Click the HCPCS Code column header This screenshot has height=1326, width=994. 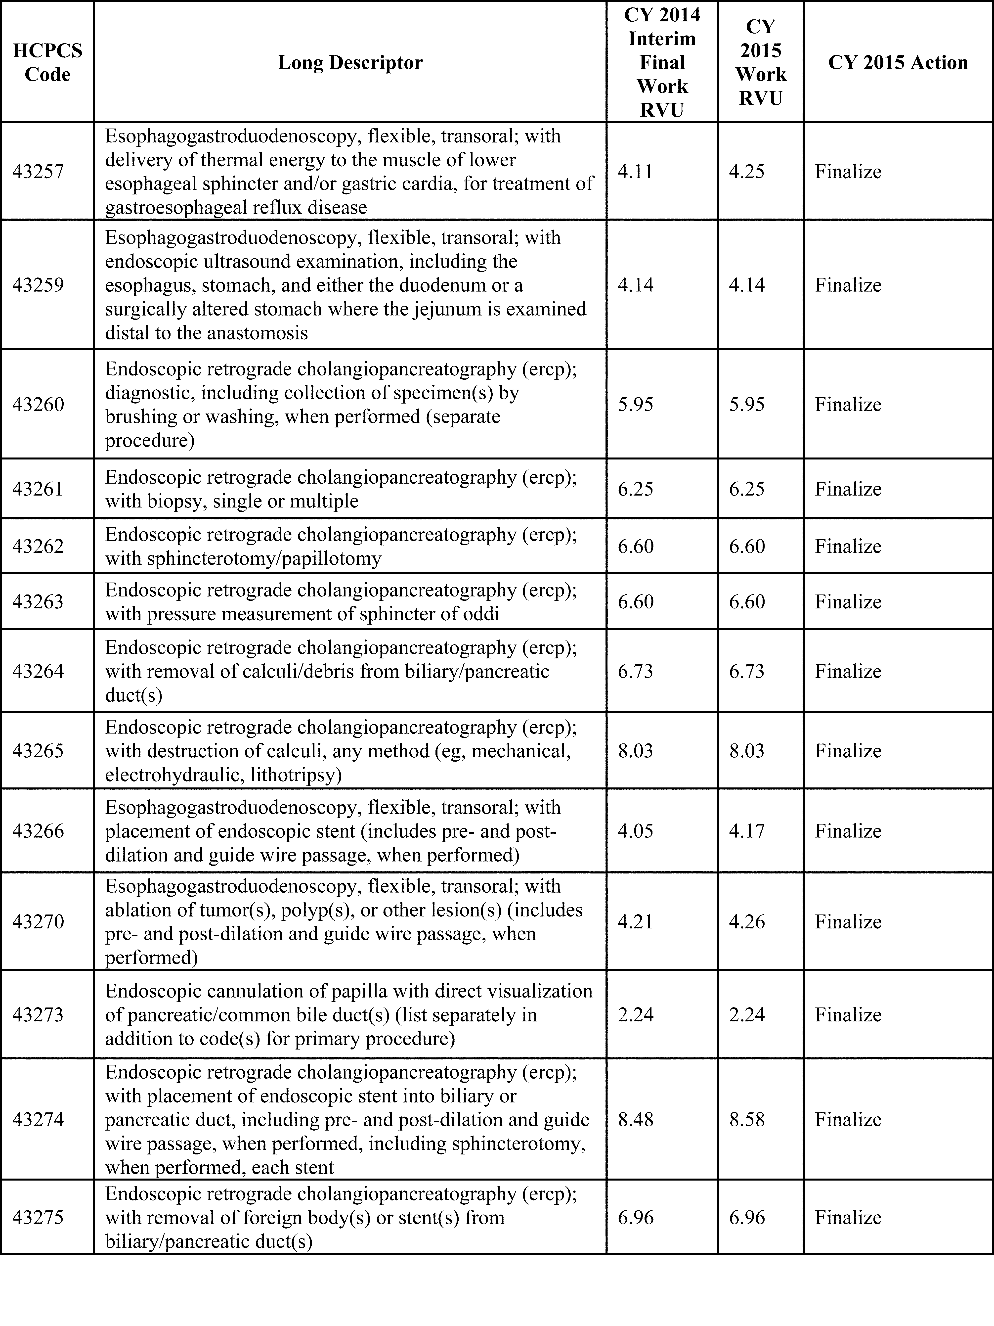pyautogui.click(x=47, y=62)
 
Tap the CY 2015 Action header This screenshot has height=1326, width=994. pyautogui.click(x=898, y=62)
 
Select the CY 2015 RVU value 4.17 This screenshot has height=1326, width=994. pyautogui.click(x=746, y=831)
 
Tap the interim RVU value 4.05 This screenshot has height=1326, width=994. pyautogui.click(x=635, y=831)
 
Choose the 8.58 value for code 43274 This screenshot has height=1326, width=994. pyautogui.click(x=746, y=1120)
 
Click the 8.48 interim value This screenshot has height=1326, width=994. pyautogui.click(x=635, y=1120)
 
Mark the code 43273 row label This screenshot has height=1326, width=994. pyautogui.click(x=38, y=1015)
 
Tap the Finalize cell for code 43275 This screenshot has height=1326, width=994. pyautogui.click(x=848, y=1218)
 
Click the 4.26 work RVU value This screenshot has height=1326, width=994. pyautogui.click(x=746, y=921)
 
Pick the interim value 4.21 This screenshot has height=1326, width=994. pyautogui.click(x=635, y=921)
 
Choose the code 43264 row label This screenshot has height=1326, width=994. pyautogui.click(x=38, y=671)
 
